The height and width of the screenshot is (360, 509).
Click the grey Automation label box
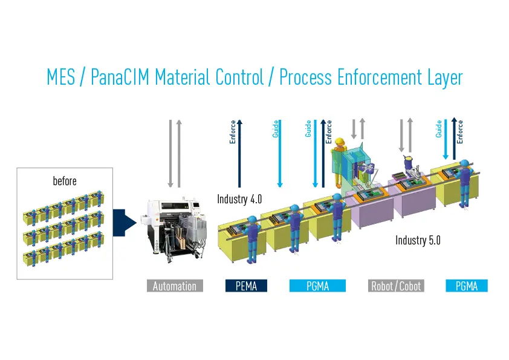point(175,286)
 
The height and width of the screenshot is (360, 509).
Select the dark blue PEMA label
point(246,286)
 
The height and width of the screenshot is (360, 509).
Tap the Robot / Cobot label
point(396,286)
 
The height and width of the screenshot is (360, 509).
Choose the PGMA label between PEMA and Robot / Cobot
point(317,286)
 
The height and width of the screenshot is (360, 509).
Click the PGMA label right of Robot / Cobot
point(466,286)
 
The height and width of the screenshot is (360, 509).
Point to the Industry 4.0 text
point(239,199)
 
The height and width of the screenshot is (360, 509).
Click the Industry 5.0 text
point(418,240)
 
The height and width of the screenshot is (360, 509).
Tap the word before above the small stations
point(65,181)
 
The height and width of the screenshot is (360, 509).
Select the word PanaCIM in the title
point(122,78)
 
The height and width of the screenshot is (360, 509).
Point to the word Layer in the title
point(443,78)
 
